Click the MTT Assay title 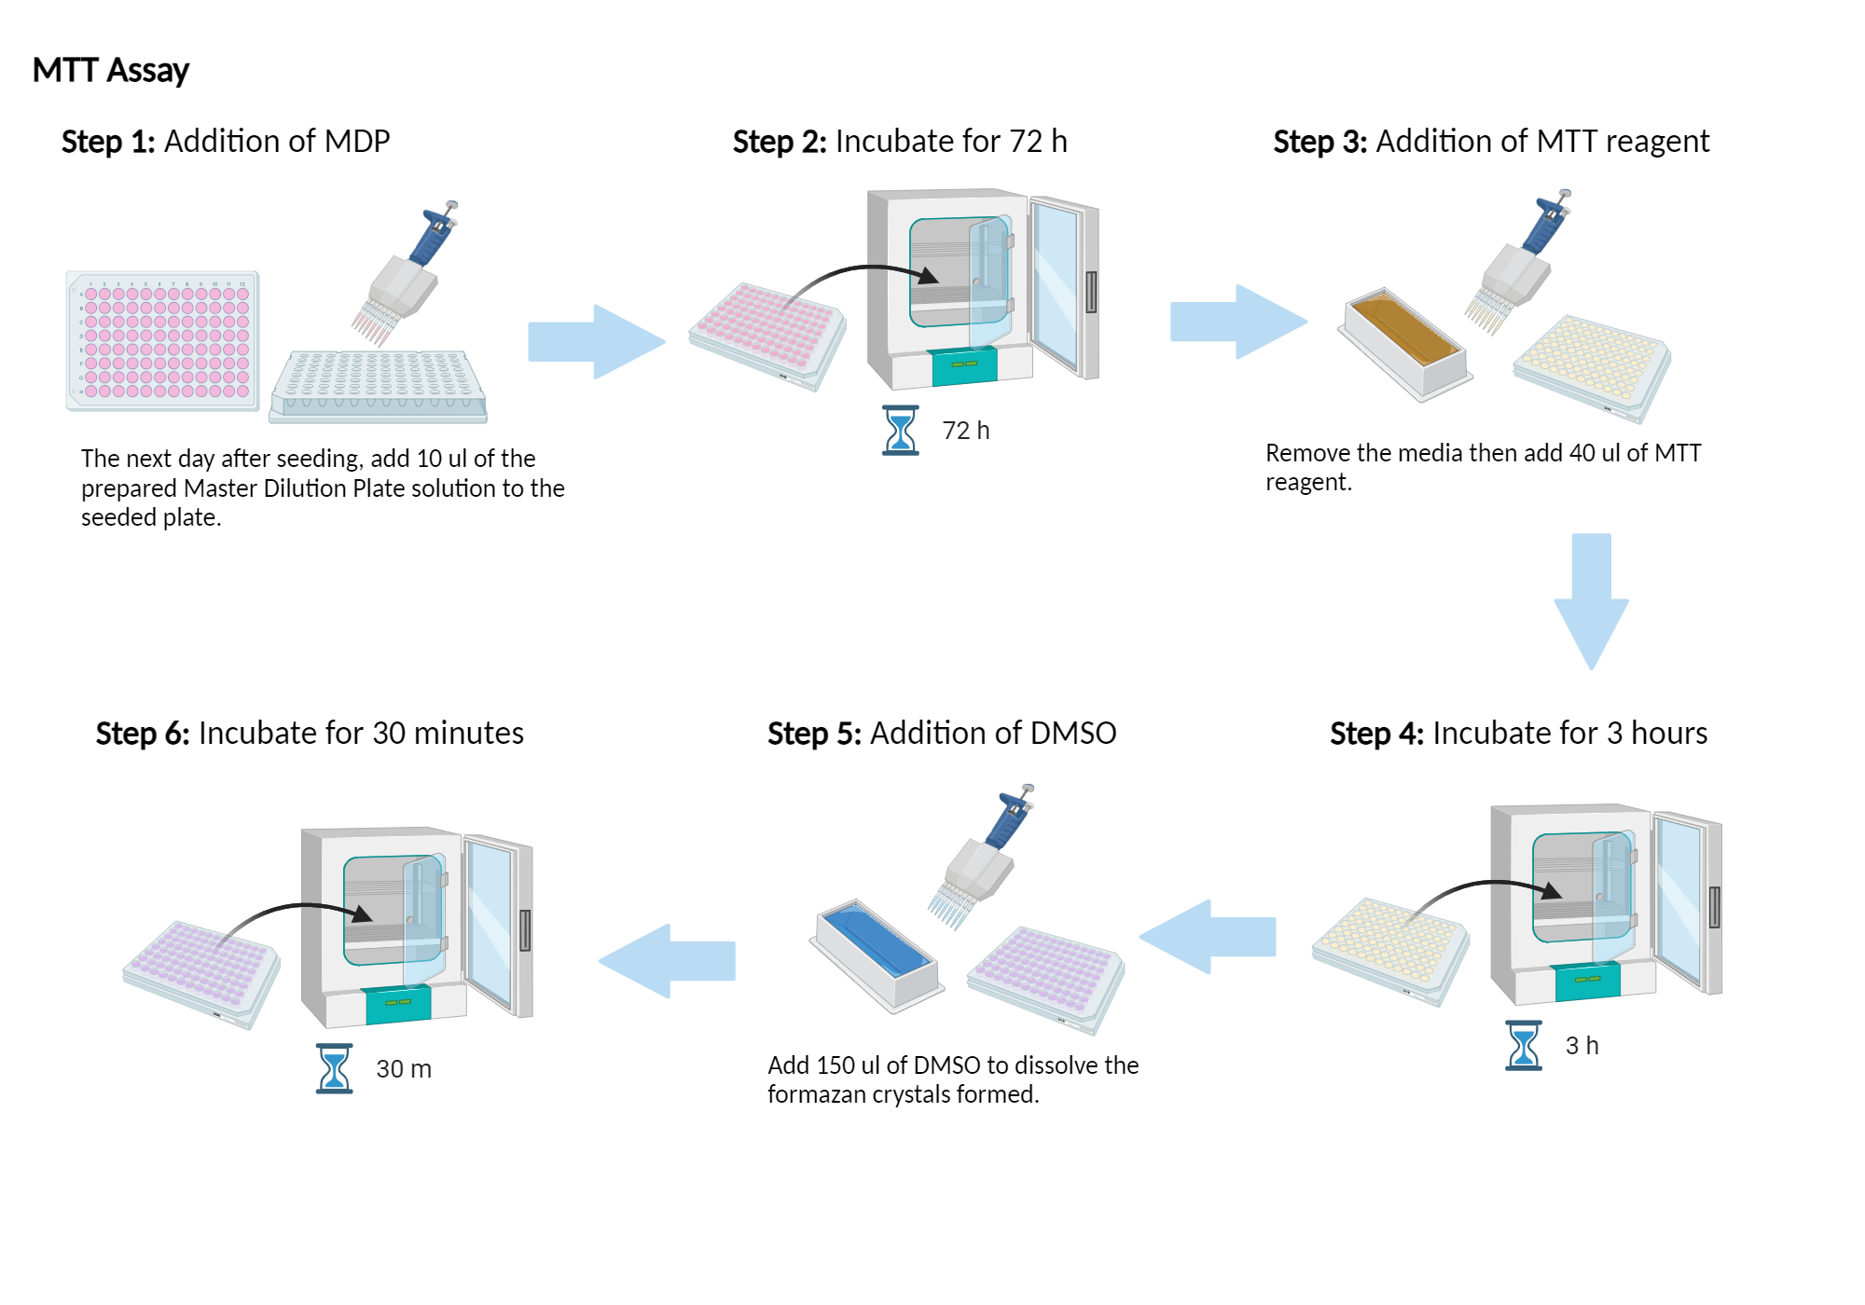(110, 70)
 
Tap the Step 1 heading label (107, 142)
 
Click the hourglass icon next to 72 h (900, 430)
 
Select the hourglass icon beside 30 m (334, 1068)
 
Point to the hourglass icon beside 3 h (1523, 1045)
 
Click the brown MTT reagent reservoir (1404, 340)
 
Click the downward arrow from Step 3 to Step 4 (1591, 601)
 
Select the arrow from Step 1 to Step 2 (597, 341)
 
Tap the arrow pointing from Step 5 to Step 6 (667, 961)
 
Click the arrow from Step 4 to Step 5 (1208, 937)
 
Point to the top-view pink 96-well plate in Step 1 (163, 341)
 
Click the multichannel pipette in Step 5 (984, 858)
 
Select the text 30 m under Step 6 (403, 1069)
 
